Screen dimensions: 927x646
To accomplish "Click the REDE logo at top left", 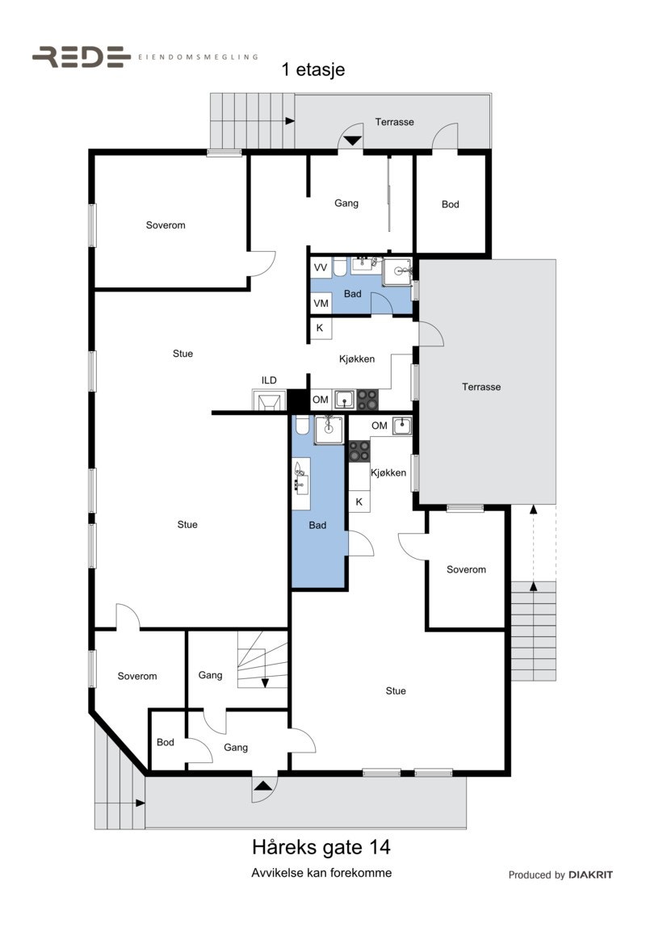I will pyautogui.click(x=82, y=57).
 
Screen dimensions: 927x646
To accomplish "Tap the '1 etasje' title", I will pyautogui.click(x=313, y=70).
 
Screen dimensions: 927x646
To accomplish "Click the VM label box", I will pyautogui.click(x=321, y=303).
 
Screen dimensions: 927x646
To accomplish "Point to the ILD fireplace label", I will pyautogui.click(x=269, y=380).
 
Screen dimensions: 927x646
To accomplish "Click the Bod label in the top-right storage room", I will pyautogui.click(x=451, y=205).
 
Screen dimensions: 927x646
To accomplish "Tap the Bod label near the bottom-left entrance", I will pyautogui.click(x=166, y=743).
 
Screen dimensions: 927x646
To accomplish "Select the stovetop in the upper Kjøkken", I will pyautogui.click(x=367, y=399).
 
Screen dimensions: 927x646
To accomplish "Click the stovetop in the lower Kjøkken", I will pyautogui.click(x=359, y=451).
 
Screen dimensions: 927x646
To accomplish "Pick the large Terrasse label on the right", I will pyautogui.click(x=481, y=388).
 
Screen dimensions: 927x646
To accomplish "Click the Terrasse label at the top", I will pyautogui.click(x=395, y=123).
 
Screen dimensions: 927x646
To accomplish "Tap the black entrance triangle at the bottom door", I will pyautogui.click(x=263, y=783).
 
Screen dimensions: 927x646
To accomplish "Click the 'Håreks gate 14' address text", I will pyautogui.click(x=321, y=848).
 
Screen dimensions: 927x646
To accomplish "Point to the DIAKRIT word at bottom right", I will pyautogui.click(x=590, y=875).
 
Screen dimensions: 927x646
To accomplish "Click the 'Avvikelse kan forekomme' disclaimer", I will pyautogui.click(x=321, y=873).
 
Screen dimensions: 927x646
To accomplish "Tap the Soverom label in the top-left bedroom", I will pyautogui.click(x=166, y=225).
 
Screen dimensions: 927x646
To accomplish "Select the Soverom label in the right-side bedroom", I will pyautogui.click(x=467, y=570).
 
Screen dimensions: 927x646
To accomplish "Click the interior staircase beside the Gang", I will pyautogui.click(x=262, y=660).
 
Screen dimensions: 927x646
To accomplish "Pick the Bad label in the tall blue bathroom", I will pyautogui.click(x=318, y=526).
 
